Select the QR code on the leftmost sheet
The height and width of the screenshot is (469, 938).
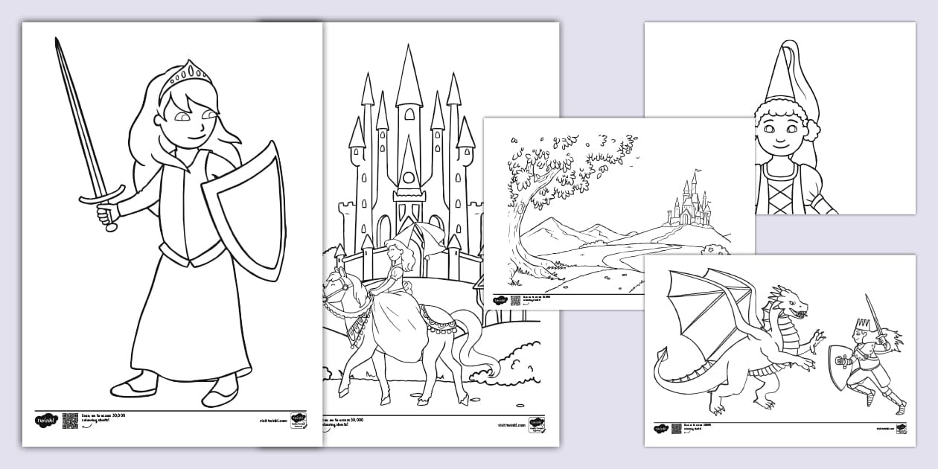click(x=70, y=421)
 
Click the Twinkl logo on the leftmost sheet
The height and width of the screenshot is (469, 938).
click(x=45, y=421)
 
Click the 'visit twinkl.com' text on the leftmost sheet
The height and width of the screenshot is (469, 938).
click(x=273, y=421)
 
